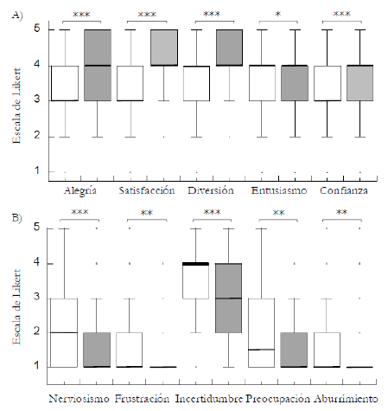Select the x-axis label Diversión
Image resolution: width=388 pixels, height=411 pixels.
pos(212,189)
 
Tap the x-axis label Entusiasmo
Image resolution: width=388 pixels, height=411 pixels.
pos(277,189)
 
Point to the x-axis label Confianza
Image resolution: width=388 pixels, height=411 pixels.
pos(343,189)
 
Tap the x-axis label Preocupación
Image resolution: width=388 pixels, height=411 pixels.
pos(277,399)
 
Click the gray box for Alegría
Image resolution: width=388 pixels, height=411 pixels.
pos(97,65)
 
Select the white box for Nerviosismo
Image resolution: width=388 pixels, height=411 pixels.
pos(64,332)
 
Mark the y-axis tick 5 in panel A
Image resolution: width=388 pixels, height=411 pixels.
pos(37,29)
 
